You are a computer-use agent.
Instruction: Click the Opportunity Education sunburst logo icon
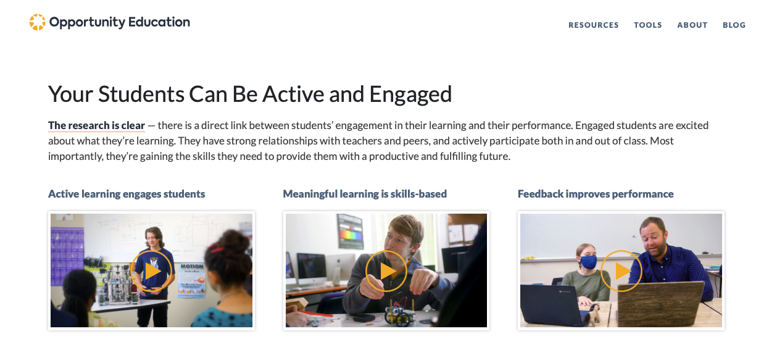point(38,22)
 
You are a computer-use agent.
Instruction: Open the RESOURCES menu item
point(593,25)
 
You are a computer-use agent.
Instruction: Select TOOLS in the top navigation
point(648,25)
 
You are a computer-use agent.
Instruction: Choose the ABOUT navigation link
point(692,25)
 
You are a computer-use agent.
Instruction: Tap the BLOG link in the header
point(734,25)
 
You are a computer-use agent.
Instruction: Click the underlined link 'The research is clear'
point(96,125)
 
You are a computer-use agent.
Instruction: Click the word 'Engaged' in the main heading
point(410,94)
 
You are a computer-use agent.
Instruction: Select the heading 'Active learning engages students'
point(127,194)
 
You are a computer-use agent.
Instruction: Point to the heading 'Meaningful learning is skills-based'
point(365,194)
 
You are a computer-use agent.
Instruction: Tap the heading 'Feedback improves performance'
point(596,194)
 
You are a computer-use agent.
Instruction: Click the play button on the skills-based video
point(386,271)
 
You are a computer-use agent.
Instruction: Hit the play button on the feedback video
point(621,271)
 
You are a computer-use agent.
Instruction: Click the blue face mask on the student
point(588,262)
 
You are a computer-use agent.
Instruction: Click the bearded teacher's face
point(652,238)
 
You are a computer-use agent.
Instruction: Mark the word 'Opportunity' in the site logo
point(87,22)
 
